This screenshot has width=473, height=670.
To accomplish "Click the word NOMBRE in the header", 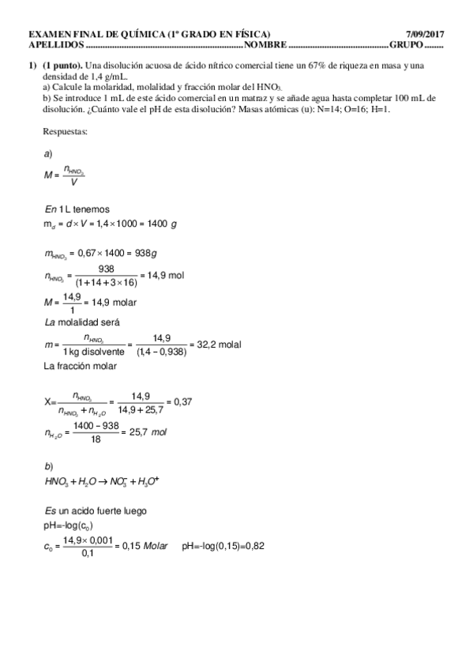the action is point(267,44).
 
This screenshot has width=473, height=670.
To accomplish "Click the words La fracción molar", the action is point(80,367).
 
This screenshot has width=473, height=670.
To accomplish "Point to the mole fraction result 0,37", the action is point(182,402).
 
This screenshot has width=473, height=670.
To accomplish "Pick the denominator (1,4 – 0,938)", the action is point(161,352).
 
